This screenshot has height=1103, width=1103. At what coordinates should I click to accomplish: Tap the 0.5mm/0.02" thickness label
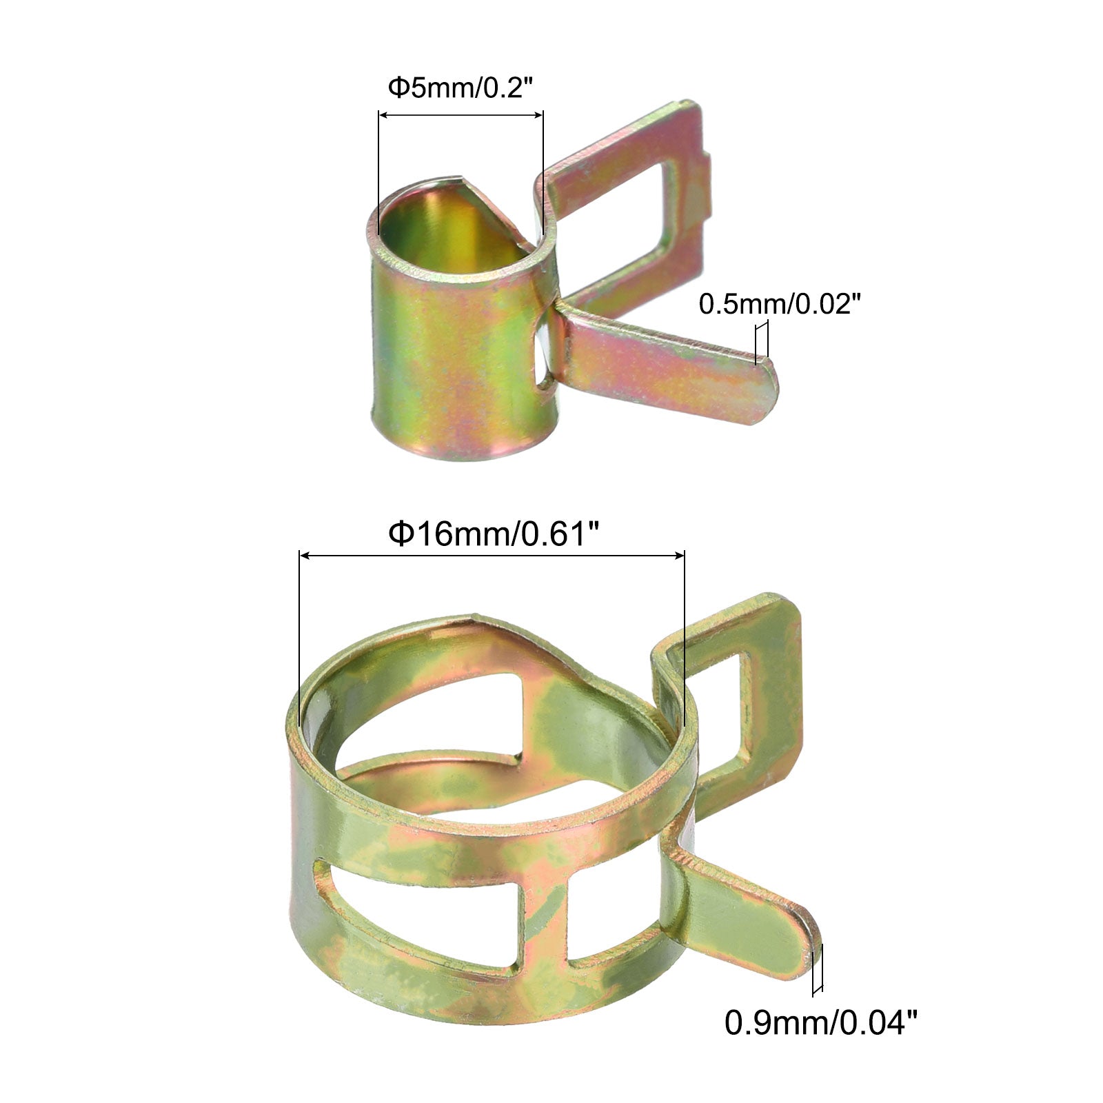click(x=780, y=303)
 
